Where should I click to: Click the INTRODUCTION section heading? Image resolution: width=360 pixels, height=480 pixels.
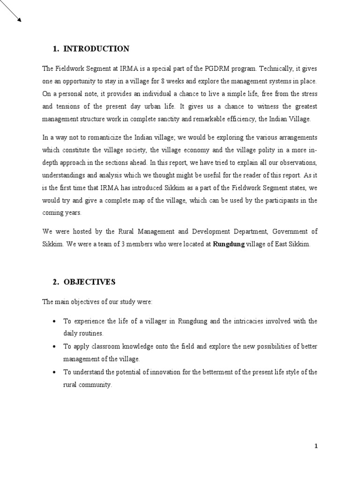pyautogui.click(x=96, y=49)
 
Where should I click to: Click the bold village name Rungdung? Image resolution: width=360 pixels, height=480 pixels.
pyautogui.click(x=229, y=245)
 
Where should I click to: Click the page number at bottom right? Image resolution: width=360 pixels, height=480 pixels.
pyautogui.click(x=316, y=446)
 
